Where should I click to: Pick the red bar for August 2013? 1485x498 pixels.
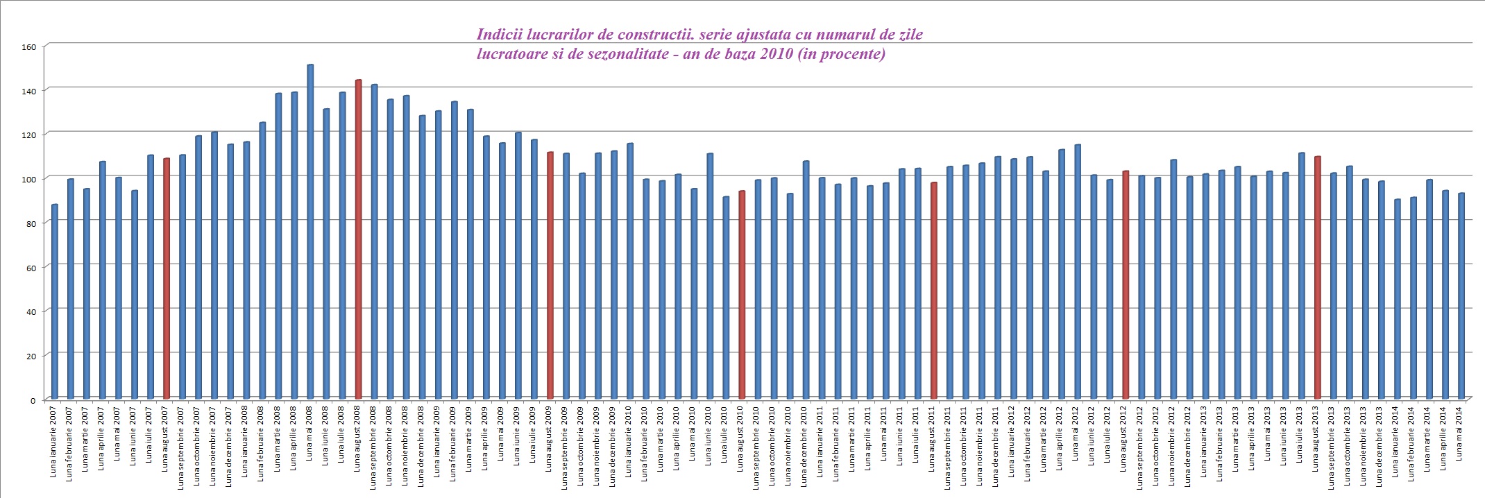[x=1317, y=277]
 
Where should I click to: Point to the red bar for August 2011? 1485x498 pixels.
[x=933, y=291]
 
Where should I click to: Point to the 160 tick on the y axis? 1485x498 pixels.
[x=28, y=47]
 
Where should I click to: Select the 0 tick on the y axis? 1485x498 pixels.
[x=32, y=400]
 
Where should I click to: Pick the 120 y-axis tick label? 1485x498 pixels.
[x=28, y=135]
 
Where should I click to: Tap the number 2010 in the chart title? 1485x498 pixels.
[x=776, y=54]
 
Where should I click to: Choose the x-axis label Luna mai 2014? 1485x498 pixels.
[x=1460, y=433]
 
